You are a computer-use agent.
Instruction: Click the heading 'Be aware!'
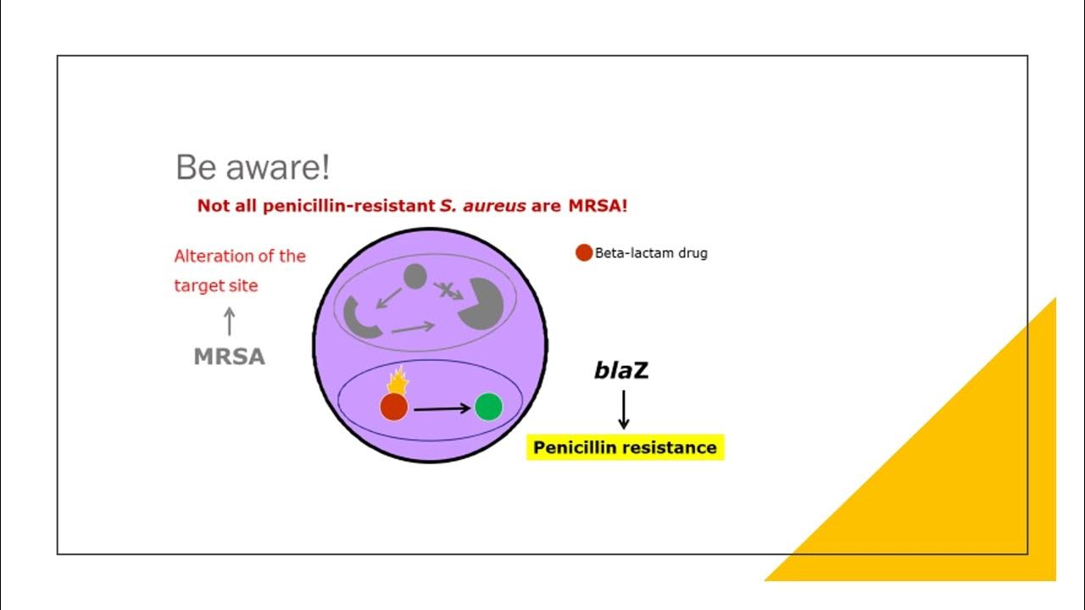tap(253, 168)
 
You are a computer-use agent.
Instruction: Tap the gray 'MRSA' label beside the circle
tap(230, 358)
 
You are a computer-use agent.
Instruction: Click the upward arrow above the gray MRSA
tap(229, 321)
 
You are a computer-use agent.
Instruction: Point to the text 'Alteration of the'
tap(240, 256)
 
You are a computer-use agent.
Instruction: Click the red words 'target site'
tap(216, 286)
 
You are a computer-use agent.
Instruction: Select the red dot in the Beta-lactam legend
tap(583, 252)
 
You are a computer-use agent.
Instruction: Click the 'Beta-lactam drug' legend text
tap(651, 252)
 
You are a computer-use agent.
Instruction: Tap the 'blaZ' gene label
tap(621, 370)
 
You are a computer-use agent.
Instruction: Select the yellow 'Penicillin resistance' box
tap(626, 447)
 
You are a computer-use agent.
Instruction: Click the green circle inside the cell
tap(488, 408)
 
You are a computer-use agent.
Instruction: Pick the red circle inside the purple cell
tap(394, 408)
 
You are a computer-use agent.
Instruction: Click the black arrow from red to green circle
tap(442, 408)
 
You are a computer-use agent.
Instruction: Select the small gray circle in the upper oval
tap(415, 275)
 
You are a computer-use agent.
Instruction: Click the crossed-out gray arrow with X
tap(448, 291)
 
